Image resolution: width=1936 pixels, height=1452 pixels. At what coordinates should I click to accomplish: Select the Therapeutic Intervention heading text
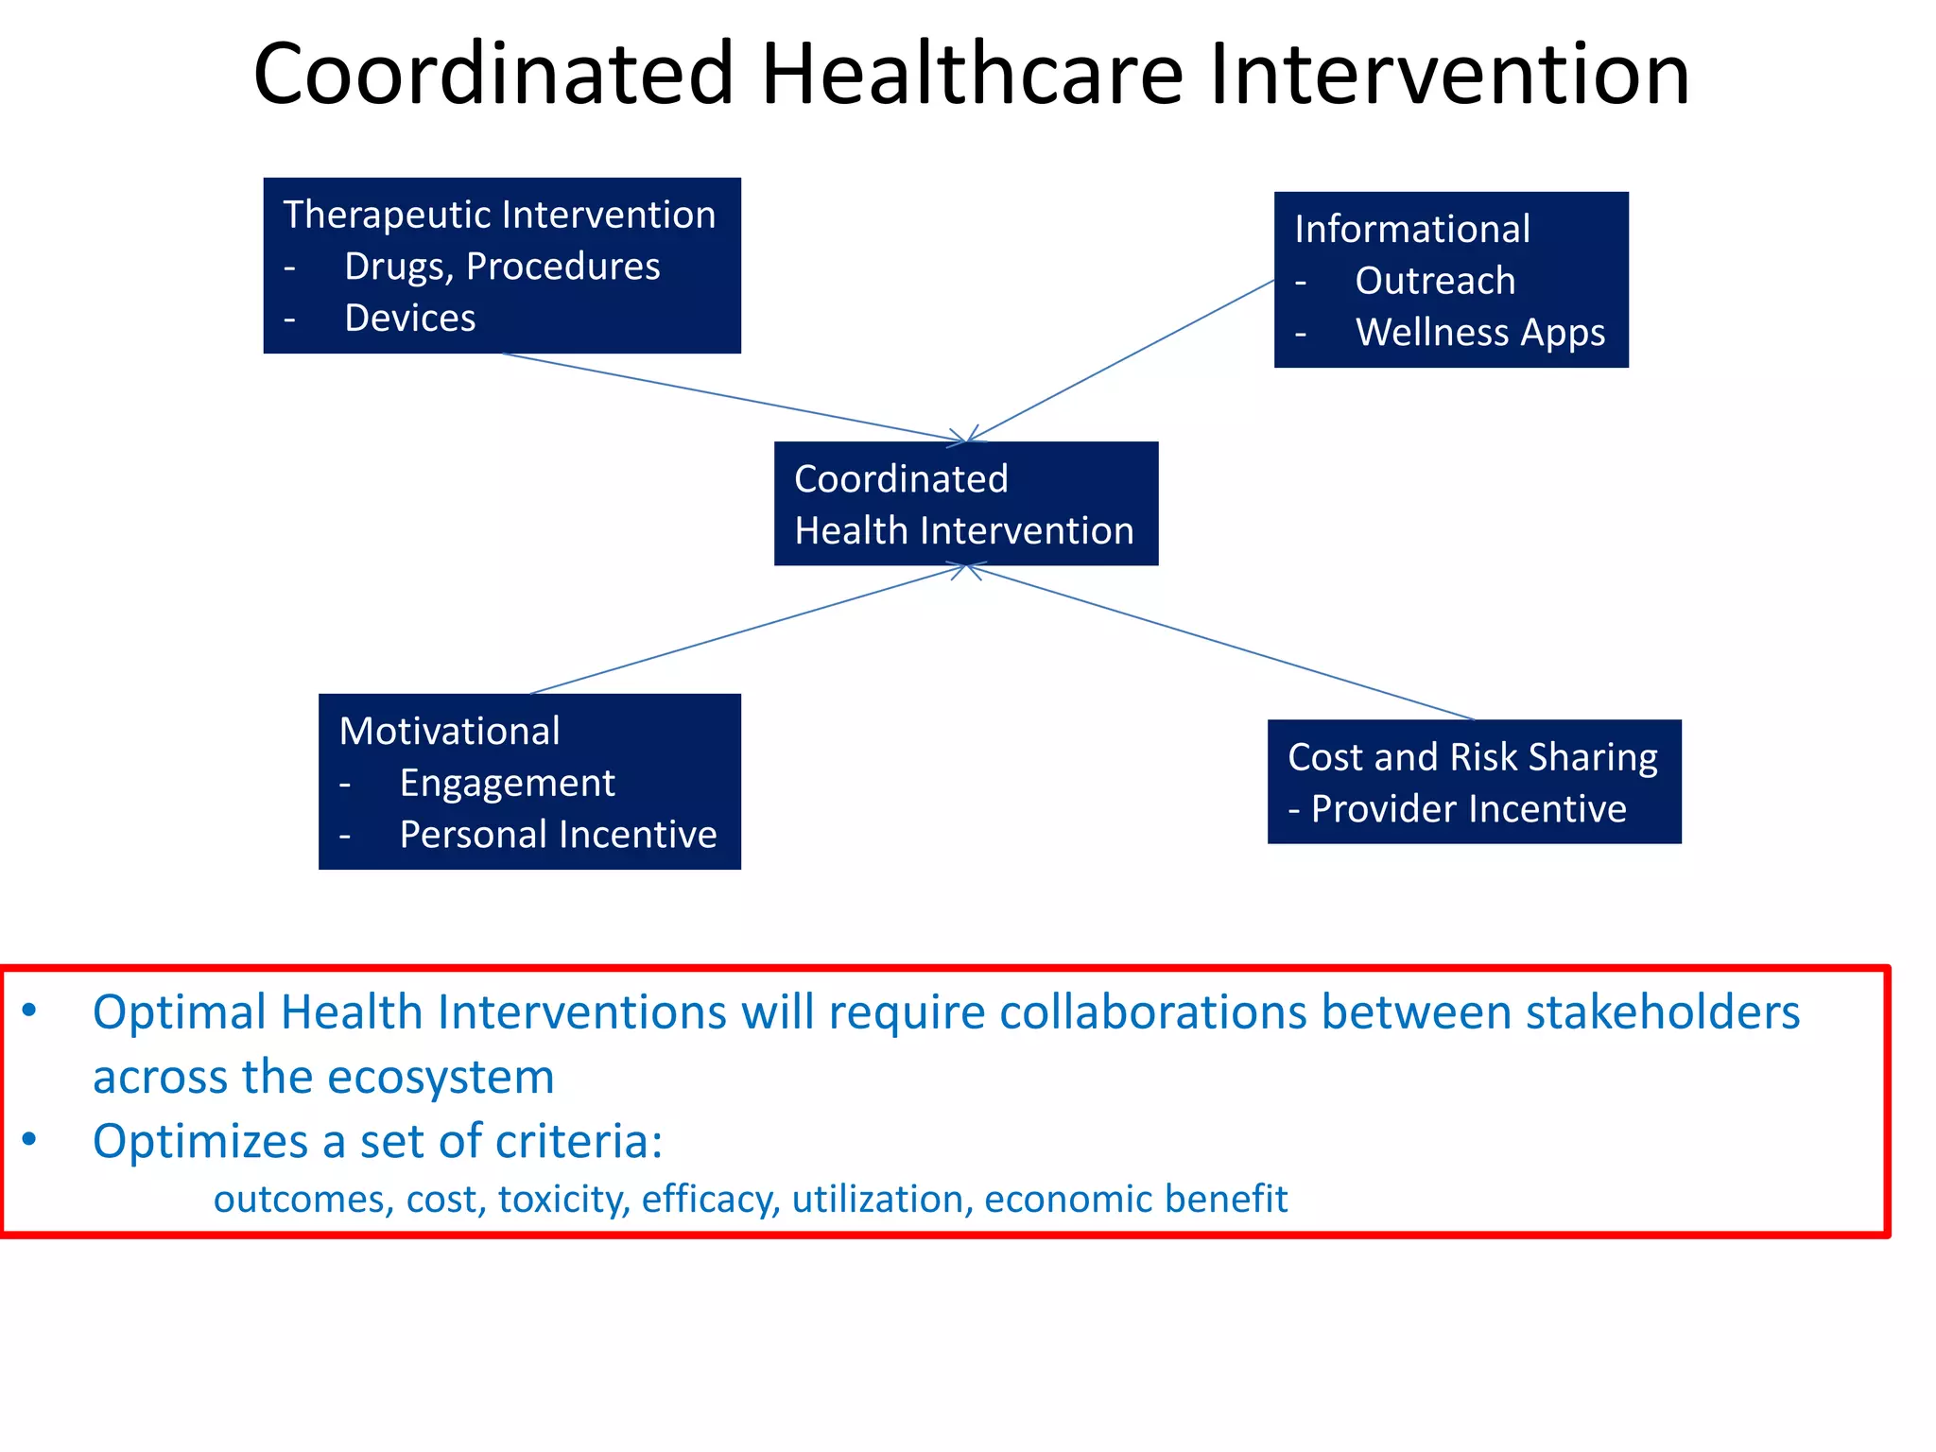[499, 215]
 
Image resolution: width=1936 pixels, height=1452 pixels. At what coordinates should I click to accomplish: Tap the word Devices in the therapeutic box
[410, 319]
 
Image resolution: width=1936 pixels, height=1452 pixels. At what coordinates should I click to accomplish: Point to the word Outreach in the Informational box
[1435, 281]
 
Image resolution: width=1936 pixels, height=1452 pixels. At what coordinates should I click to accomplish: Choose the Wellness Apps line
[1479, 333]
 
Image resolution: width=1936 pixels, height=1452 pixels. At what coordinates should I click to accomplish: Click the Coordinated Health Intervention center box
[965, 504]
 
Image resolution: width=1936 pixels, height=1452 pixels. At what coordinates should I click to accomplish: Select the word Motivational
[450, 731]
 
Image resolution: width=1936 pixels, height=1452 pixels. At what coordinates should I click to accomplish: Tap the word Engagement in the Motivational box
[507, 783]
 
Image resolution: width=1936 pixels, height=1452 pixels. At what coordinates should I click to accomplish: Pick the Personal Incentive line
[558, 835]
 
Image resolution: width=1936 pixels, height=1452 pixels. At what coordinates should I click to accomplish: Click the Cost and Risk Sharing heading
[1472, 757]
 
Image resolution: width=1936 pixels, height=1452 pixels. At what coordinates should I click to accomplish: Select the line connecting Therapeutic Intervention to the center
[728, 397]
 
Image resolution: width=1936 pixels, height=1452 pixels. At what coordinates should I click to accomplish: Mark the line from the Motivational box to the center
[747, 630]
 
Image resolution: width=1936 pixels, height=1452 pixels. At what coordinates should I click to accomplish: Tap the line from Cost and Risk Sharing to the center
[1219, 643]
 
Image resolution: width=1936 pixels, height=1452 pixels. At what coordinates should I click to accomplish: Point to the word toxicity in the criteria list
[563, 1199]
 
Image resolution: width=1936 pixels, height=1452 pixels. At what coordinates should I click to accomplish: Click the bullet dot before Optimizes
[30, 1139]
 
